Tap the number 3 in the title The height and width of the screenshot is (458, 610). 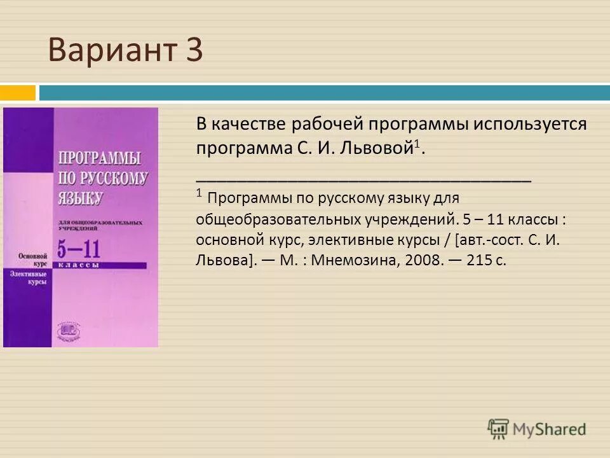pos(194,51)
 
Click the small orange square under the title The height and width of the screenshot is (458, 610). pos(17,93)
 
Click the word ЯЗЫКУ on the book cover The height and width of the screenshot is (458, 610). pos(80,197)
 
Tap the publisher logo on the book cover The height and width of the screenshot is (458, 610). pos(67,328)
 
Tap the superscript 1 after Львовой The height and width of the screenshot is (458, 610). pos(416,144)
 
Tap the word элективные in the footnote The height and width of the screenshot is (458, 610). pos(347,240)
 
